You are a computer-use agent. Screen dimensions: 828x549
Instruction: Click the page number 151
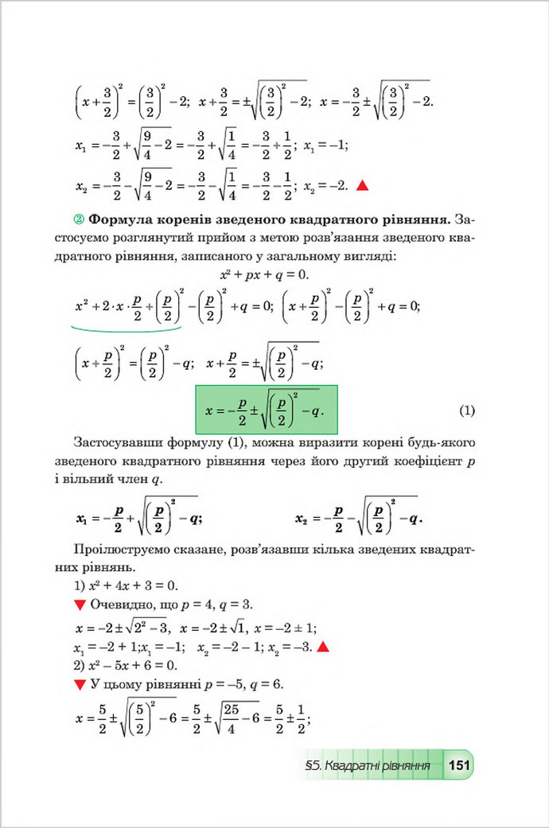[x=460, y=766]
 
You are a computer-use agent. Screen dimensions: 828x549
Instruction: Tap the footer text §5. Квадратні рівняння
[x=368, y=767]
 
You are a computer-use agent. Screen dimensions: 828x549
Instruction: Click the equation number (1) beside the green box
[x=467, y=410]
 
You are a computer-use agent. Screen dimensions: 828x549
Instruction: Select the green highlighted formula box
[x=267, y=410]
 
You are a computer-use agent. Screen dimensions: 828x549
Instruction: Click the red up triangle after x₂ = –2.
[x=362, y=186]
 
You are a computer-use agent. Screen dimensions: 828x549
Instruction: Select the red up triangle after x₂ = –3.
[x=323, y=646]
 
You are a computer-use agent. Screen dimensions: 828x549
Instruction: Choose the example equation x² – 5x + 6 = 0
[x=119, y=665]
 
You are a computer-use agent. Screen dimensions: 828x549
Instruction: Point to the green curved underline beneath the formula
[x=127, y=327]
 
